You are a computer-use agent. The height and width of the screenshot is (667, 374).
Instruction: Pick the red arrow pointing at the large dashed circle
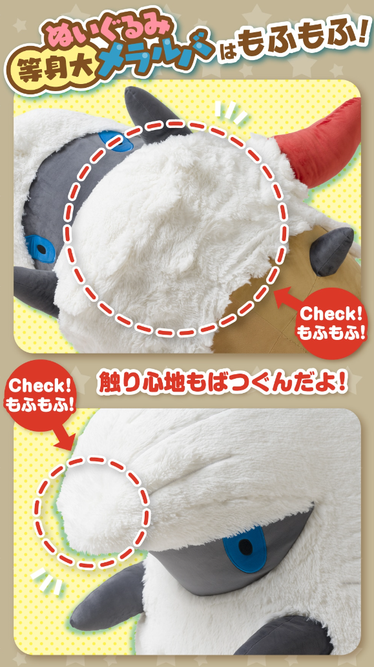tap(287, 301)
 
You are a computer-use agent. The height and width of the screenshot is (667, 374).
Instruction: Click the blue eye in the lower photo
tap(245, 548)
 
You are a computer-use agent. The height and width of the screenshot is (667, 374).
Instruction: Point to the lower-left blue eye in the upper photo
tap(41, 249)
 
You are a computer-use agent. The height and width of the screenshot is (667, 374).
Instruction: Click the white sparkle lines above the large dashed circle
tap(229, 112)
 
